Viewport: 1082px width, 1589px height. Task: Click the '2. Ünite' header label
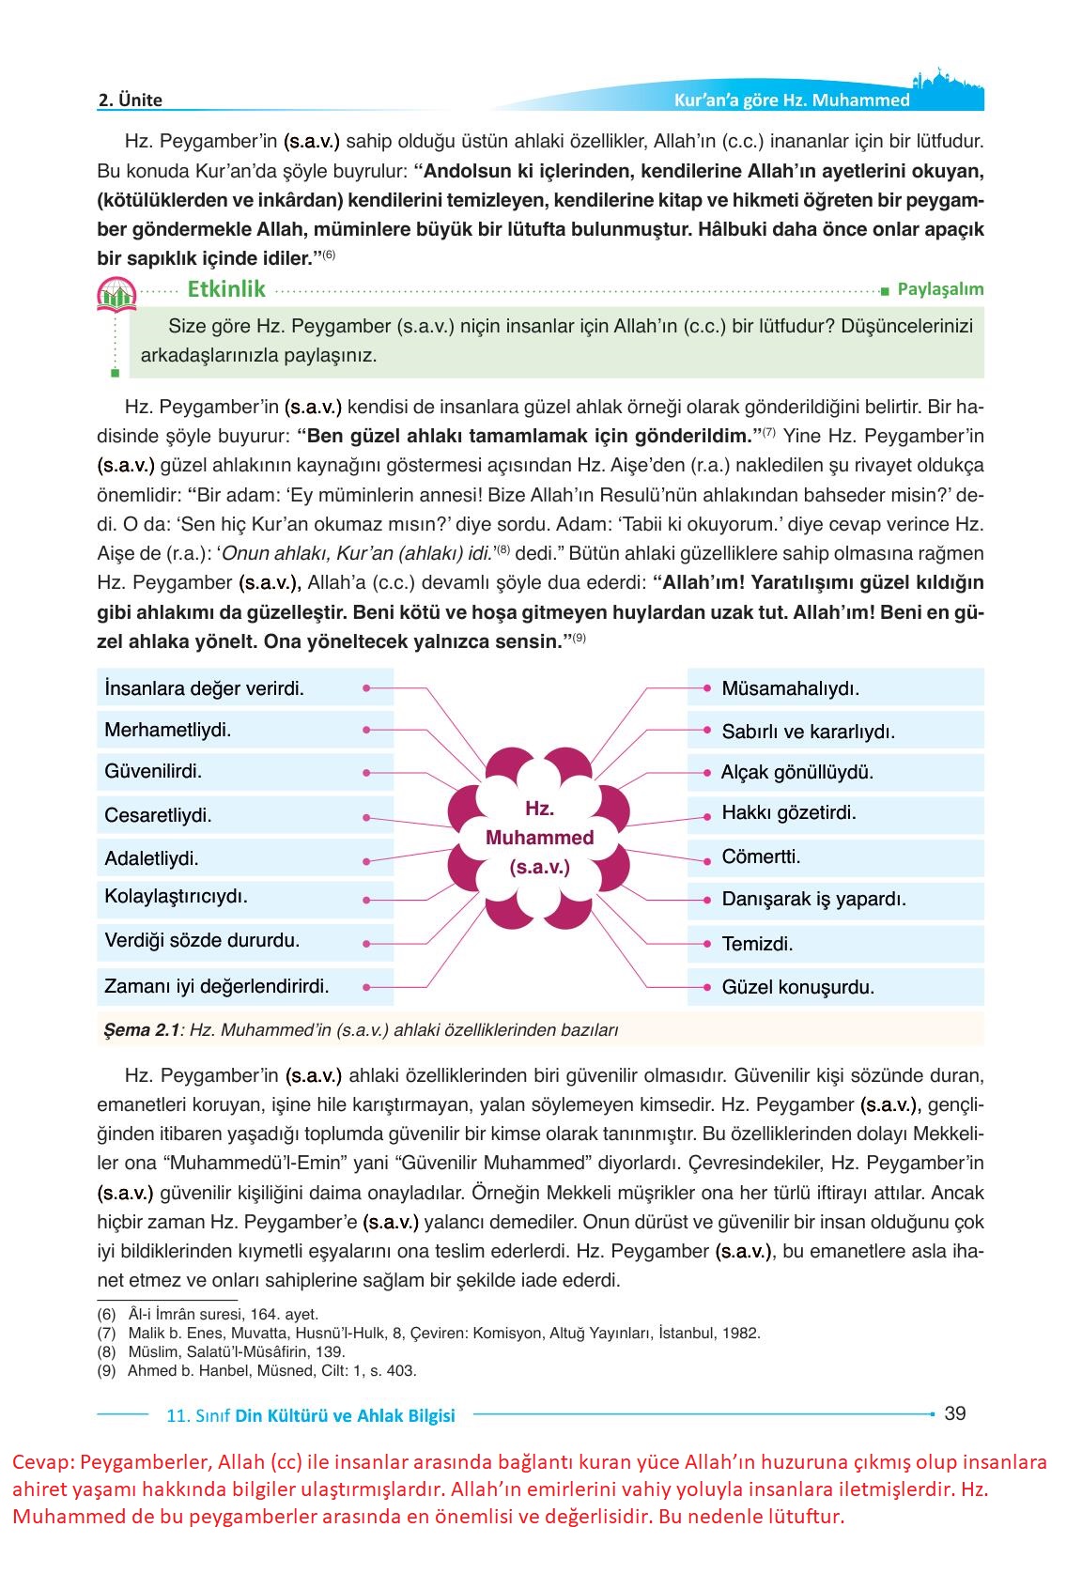131,100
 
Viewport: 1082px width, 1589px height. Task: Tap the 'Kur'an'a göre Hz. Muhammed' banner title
792,100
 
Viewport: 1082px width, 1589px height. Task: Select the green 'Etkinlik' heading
226,289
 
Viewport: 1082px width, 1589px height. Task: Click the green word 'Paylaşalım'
940,289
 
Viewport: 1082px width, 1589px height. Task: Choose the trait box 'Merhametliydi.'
168,730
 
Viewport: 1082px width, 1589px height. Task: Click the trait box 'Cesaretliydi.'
159,815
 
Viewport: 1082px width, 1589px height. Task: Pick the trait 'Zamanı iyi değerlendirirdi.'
217,987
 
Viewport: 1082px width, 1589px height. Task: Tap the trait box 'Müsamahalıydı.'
791,688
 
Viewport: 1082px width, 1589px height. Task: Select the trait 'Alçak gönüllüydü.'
797,773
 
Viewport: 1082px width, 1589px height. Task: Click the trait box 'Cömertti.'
761,857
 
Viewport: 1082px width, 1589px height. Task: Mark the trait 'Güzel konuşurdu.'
798,988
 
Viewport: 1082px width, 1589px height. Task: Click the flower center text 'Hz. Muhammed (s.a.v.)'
539,838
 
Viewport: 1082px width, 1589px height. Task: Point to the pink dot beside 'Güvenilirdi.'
365,773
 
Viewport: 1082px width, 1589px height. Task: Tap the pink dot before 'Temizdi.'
706,943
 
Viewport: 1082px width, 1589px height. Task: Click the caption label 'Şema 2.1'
141,1030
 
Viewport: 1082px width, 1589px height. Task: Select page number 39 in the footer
954,1413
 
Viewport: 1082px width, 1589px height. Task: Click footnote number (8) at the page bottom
106,1352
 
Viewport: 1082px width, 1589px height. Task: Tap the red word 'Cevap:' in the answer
43,1463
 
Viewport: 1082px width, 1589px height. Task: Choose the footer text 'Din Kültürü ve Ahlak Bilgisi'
345,1415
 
